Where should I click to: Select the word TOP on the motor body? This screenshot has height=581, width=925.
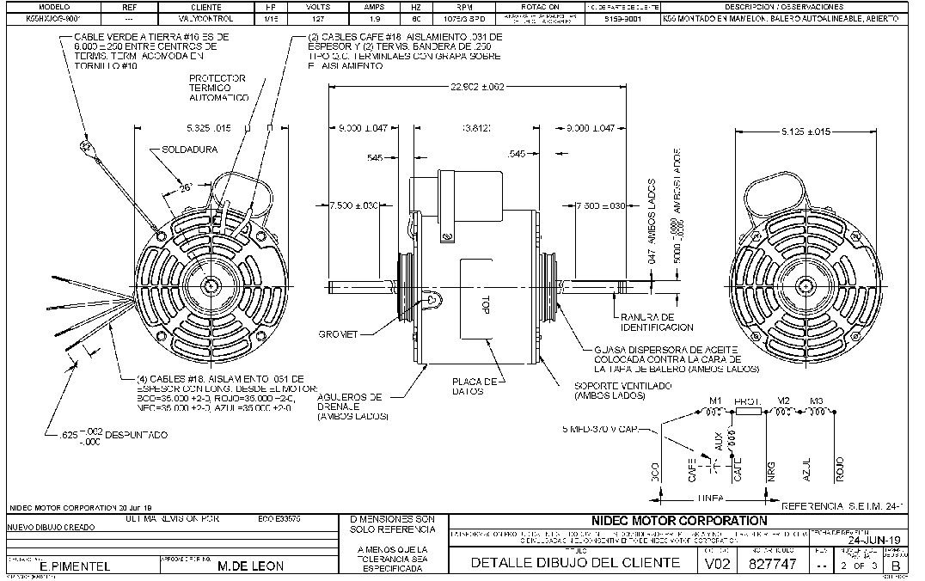pyautogui.click(x=484, y=305)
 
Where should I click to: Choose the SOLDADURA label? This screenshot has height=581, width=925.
pyautogui.click(x=190, y=149)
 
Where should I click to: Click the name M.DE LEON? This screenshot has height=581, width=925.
pyautogui.click(x=250, y=566)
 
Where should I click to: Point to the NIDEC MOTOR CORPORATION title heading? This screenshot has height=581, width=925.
pyautogui.click(x=679, y=520)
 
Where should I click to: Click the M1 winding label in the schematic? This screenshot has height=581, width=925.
pyautogui.click(x=713, y=401)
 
